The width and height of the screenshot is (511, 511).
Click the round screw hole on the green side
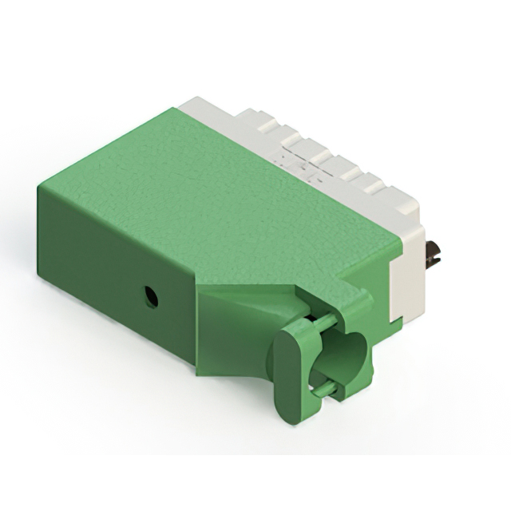click(x=149, y=298)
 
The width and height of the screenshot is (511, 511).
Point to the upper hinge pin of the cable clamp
click(x=319, y=323)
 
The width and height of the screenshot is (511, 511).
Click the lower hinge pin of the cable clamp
click(x=323, y=389)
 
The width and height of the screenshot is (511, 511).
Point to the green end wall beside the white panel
click(x=375, y=271)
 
